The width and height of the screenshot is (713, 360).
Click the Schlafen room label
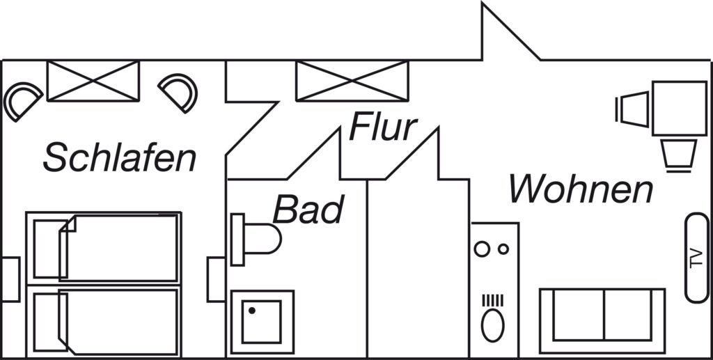[x=120, y=157]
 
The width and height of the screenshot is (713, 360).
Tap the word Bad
[x=308, y=210]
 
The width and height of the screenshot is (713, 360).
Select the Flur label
[x=383, y=127]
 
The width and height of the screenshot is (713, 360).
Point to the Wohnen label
[x=581, y=189]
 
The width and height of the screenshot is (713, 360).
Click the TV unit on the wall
[x=696, y=258]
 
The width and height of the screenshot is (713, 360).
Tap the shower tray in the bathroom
[x=262, y=322]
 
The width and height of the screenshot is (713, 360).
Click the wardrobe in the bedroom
[x=93, y=81]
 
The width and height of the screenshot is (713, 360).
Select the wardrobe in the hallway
[x=352, y=81]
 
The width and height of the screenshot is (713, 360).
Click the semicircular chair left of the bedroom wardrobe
[x=23, y=101]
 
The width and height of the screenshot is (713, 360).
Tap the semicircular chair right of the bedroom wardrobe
[x=180, y=91]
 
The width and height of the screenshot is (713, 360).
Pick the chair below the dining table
[x=679, y=155]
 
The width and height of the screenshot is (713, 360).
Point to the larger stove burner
[x=483, y=249]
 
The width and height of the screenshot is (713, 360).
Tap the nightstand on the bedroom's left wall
[x=10, y=279]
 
